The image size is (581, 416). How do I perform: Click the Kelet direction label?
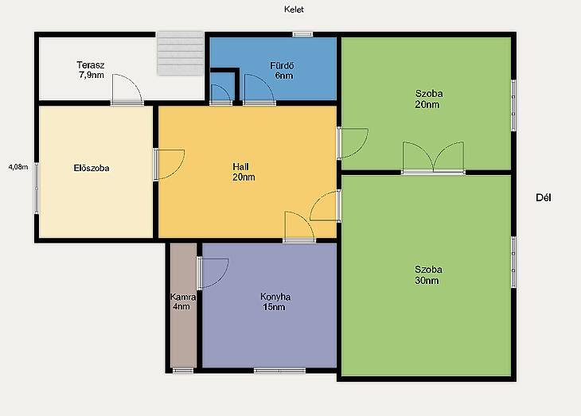click(x=294, y=10)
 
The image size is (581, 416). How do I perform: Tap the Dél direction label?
click(x=544, y=197)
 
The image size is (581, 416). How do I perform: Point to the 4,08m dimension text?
click(x=18, y=167)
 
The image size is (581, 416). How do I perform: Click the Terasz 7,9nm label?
click(x=91, y=70)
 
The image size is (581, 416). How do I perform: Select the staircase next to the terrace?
click(x=181, y=53)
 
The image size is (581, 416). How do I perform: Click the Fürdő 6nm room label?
click(x=282, y=71)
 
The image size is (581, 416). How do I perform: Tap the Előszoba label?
click(x=92, y=168)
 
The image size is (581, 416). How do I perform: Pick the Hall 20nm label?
click(x=244, y=172)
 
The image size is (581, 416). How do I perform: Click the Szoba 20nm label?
click(x=428, y=99)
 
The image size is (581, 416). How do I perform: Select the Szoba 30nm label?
click(x=428, y=275)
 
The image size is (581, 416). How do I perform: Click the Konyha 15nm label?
click(x=275, y=302)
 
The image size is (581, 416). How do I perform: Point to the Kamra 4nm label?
click(x=182, y=301)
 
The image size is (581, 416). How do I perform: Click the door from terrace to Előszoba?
click(x=127, y=90)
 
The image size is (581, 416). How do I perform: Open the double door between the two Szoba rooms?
click(x=433, y=157)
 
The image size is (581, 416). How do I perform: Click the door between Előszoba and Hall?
click(x=169, y=165)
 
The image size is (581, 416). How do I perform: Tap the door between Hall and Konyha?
click(x=299, y=227)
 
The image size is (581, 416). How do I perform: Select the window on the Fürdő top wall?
click(x=302, y=34)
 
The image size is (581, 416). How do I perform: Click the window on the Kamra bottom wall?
click(x=183, y=371)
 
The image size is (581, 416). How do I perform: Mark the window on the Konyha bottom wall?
click(x=279, y=371)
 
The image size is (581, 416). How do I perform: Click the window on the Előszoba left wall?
click(x=37, y=189)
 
